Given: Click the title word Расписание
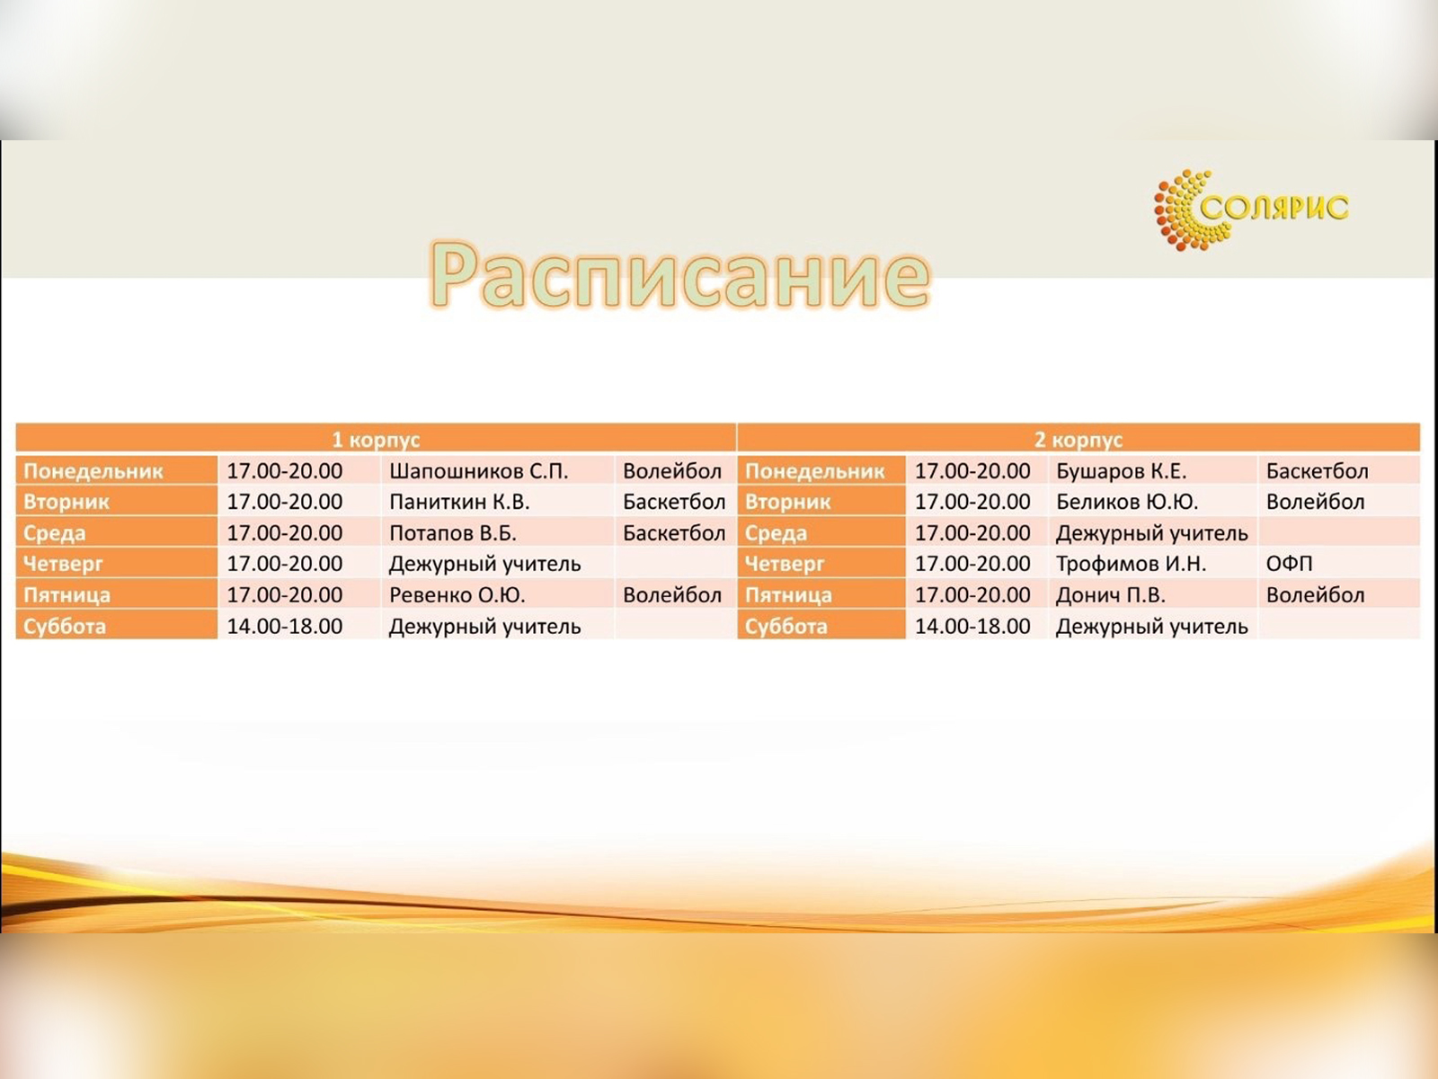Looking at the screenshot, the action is (680, 275).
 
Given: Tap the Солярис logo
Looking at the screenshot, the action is (1251, 210).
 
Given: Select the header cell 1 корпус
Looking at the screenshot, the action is (376, 439).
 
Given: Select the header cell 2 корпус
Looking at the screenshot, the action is (1078, 439).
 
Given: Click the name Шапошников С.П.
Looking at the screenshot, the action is (478, 471).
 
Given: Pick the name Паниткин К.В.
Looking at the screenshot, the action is (459, 502).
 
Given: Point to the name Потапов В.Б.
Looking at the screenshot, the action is (453, 533).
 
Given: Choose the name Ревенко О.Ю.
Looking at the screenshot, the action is (457, 595).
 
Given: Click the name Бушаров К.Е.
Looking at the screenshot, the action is (1121, 471).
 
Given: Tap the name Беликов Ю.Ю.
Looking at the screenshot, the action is (1127, 502).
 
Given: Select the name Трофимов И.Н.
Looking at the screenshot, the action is (1131, 564).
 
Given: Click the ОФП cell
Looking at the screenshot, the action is (1289, 564).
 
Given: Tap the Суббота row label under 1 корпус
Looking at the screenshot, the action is (64, 627).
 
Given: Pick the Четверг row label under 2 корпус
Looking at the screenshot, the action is (785, 564).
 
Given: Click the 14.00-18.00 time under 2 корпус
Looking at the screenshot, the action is (972, 627).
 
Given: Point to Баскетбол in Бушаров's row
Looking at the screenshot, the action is (1317, 471).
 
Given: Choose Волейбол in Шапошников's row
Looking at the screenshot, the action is (672, 471).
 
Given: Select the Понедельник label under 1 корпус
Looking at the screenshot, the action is (93, 471).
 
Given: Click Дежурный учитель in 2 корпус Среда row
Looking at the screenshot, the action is (1151, 533).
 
